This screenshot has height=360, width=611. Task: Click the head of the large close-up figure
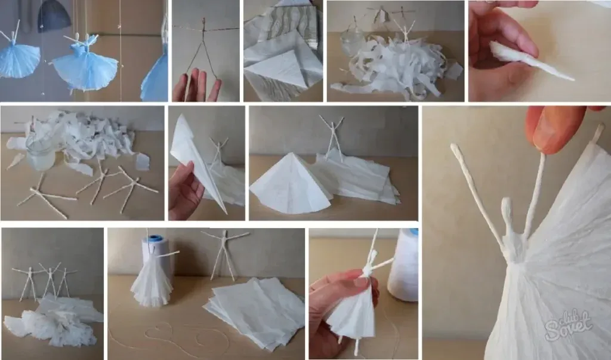[507, 209]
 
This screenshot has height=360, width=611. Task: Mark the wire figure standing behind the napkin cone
[332, 134]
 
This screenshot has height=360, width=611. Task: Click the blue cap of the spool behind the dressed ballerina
[156, 239]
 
